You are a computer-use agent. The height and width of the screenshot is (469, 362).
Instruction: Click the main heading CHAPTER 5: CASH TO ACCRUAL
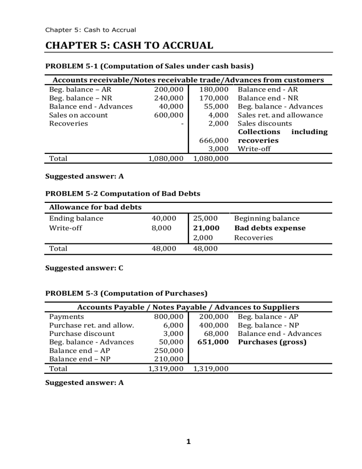tap(129, 45)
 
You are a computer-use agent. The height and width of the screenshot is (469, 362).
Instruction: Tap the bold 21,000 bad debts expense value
tap(206, 228)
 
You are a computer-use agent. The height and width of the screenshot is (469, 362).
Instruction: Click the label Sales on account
tap(78, 115)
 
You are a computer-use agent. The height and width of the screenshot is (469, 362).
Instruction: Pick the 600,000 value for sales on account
tap(168, 115)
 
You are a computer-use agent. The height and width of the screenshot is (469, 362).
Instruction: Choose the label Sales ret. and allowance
tap(280, 115)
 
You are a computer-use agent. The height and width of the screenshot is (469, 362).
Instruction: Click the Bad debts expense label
tap(270, 228)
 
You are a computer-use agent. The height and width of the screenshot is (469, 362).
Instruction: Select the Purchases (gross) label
tap(272, 342)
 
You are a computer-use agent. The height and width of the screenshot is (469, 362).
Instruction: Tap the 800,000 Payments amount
tap(168, 317)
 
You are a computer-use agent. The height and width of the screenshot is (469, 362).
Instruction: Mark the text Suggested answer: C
tap(84, 268)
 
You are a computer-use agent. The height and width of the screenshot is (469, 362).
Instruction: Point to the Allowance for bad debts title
tap(95, 208)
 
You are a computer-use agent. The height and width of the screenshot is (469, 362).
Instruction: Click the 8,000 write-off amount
tap(161, 228)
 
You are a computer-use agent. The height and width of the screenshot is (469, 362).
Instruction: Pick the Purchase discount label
tap(82, 334)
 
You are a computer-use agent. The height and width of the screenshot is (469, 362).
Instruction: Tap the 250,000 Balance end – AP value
tap(168, 351)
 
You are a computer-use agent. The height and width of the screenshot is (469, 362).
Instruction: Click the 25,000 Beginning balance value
tap(206, 218)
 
